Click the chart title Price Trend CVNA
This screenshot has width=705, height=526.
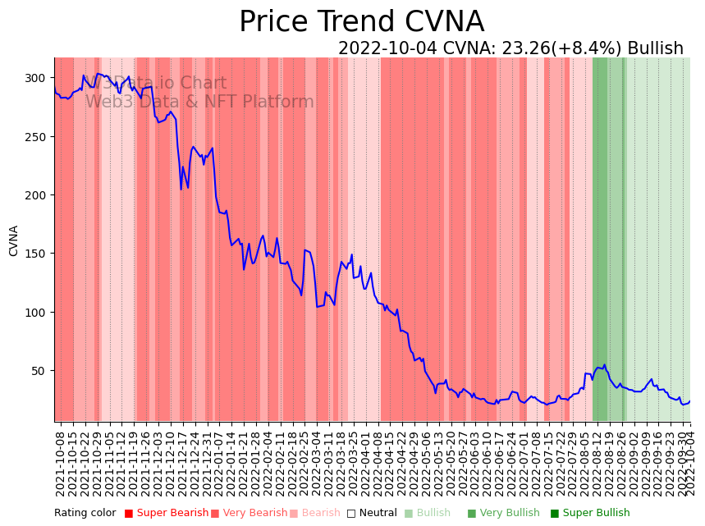pyautogui.click(x=361, y=22)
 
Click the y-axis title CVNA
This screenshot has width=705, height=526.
pyautogui.click(x=14, y=240)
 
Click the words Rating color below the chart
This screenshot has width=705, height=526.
pyautogui.click(x=85, y=513)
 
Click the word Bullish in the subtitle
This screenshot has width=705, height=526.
pyautogui.click(x=653, y=48)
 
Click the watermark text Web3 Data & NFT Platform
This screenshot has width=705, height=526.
pyautogui.click(x=199, y=102)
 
